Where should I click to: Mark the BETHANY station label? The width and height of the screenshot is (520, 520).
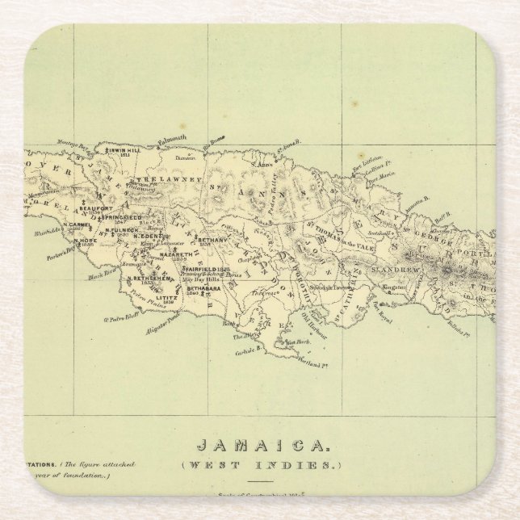click(212, 240)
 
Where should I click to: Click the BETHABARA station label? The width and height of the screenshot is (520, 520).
click(203, 287)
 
